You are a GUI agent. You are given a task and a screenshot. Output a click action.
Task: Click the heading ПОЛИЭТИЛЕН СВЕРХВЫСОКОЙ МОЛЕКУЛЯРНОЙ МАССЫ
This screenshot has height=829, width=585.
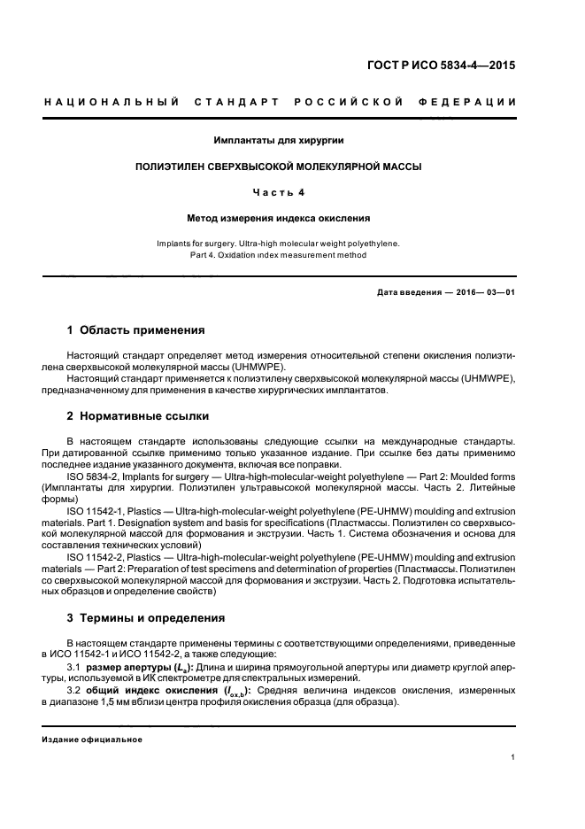pos(279,166)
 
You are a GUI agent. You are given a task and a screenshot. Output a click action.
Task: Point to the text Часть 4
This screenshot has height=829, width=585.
pos(279,191)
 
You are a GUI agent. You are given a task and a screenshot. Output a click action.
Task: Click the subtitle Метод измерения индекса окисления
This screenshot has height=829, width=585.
pos(279,217)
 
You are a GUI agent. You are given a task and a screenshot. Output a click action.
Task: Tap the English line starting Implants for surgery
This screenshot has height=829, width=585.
pos(279,242)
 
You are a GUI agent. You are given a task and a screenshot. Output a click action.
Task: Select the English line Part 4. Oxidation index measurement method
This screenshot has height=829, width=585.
pos(279,255)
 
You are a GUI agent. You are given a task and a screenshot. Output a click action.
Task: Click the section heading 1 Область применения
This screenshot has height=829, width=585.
pos(136,330)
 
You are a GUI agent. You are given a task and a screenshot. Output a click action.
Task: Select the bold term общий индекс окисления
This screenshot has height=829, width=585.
pos(146,690)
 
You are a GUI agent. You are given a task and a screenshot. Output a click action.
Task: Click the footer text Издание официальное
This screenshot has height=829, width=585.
pos(92,740)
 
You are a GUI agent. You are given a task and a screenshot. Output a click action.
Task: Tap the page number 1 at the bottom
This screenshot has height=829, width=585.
pos(513,757)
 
